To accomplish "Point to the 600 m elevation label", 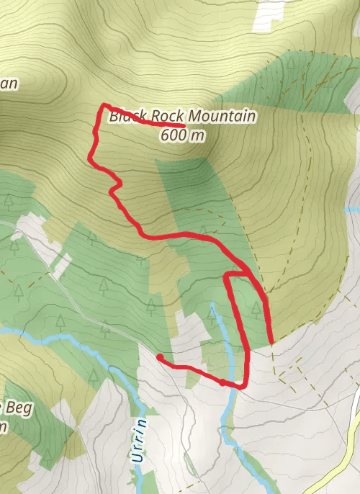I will point(183,135).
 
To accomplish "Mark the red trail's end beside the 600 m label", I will point(184,126).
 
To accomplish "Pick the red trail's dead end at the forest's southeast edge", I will point(271,342).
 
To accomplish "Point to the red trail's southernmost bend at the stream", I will point(240,387).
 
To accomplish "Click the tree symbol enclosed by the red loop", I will point(256,308).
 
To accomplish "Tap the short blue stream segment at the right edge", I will point(353,210).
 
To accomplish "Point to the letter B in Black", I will point(113,116).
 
